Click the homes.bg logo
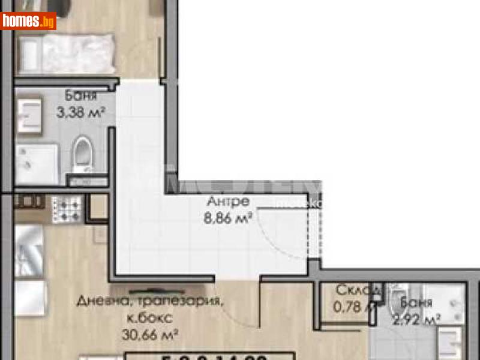tap(29, 21)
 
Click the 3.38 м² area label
tap(81, 112)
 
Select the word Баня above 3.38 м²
tap(80, 96)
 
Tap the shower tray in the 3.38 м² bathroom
tap(36, 164)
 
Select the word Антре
tap(227, 202)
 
